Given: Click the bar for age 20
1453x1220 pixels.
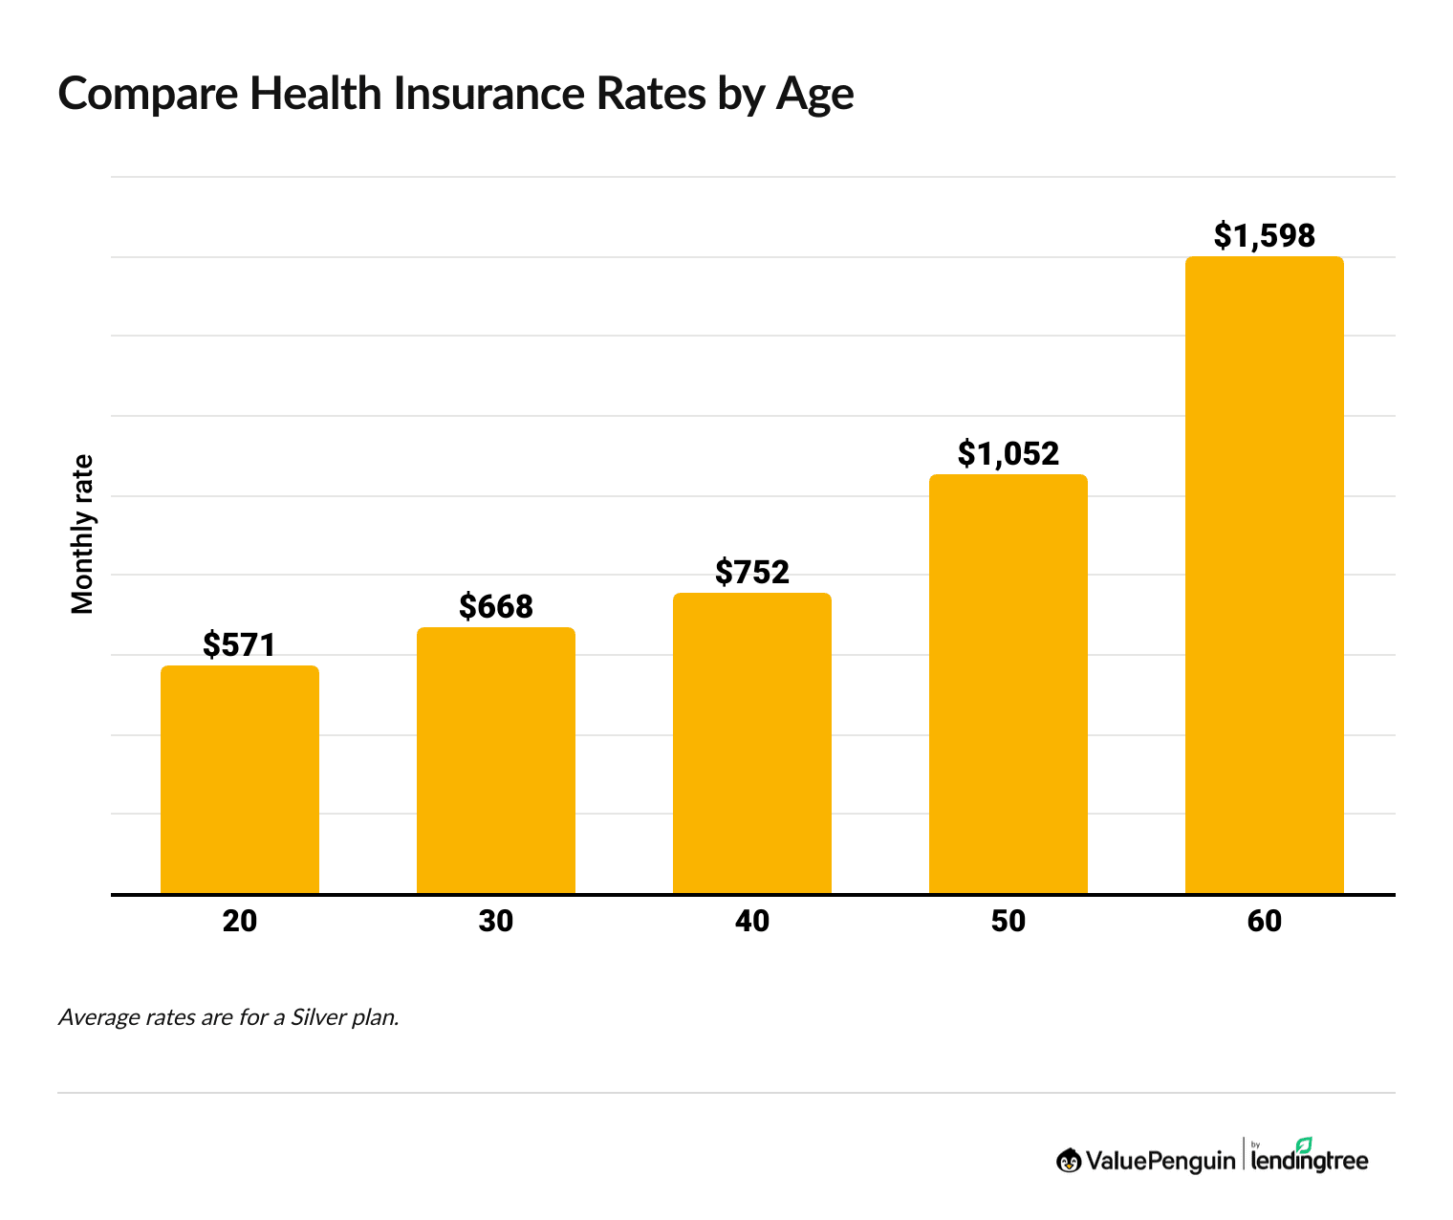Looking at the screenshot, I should coord(239,779).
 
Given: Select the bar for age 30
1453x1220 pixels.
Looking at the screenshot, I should coord(495,760).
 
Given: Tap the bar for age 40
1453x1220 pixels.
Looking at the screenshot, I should coord(751,743).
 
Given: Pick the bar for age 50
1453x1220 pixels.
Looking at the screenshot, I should coord(1008,684).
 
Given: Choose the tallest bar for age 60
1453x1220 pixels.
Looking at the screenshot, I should coord(1264,575).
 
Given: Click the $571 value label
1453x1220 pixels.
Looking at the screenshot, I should coord(239,645).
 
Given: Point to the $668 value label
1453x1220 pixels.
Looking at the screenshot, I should coord(495,606).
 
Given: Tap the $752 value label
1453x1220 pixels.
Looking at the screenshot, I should coord(751,573).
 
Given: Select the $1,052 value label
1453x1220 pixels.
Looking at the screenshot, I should coord(1008,453).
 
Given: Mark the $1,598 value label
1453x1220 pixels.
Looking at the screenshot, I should coord(1264,235).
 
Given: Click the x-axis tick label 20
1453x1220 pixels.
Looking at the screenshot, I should coord(239,921).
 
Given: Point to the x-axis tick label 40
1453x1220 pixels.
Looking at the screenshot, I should coord(751,921).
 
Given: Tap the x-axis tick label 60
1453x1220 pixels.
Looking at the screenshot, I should coord(1264,921).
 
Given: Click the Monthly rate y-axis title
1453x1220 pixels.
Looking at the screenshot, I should coord(83,534).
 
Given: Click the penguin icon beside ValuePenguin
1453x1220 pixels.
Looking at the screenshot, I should coord(1068,1161).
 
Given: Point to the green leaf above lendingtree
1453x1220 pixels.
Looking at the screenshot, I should coord(1304,1144).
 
